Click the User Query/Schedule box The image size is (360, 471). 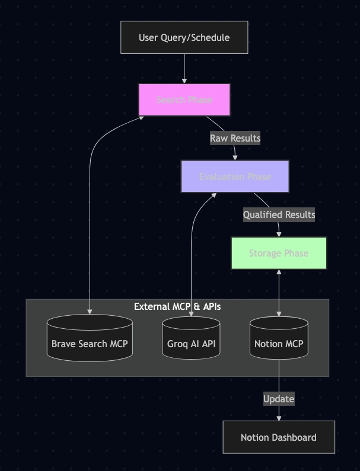click(184, 37)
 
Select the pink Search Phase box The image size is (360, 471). click(184, 100)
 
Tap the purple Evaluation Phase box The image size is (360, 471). click(235, 177)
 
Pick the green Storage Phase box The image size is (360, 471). click(279, 254)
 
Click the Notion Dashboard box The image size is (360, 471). click(279, 437)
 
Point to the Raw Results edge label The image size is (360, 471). click(235, 138)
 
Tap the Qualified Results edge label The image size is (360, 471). click(279, 214)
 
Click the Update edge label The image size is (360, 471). click(279, 399)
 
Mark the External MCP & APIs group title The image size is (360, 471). click(177, 306)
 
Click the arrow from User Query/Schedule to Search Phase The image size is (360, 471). click(184, 68)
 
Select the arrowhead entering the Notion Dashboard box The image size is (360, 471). click(279, 418)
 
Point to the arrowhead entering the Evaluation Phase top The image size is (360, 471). click(235, 157)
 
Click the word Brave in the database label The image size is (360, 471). click(63, 344)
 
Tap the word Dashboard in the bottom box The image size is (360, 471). click(295, 437)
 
